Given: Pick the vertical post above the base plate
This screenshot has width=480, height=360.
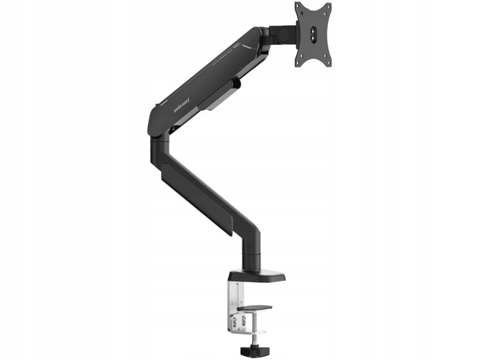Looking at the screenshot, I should (x=251, y=249).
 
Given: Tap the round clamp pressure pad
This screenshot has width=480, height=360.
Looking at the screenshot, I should (x=254, y=308).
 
